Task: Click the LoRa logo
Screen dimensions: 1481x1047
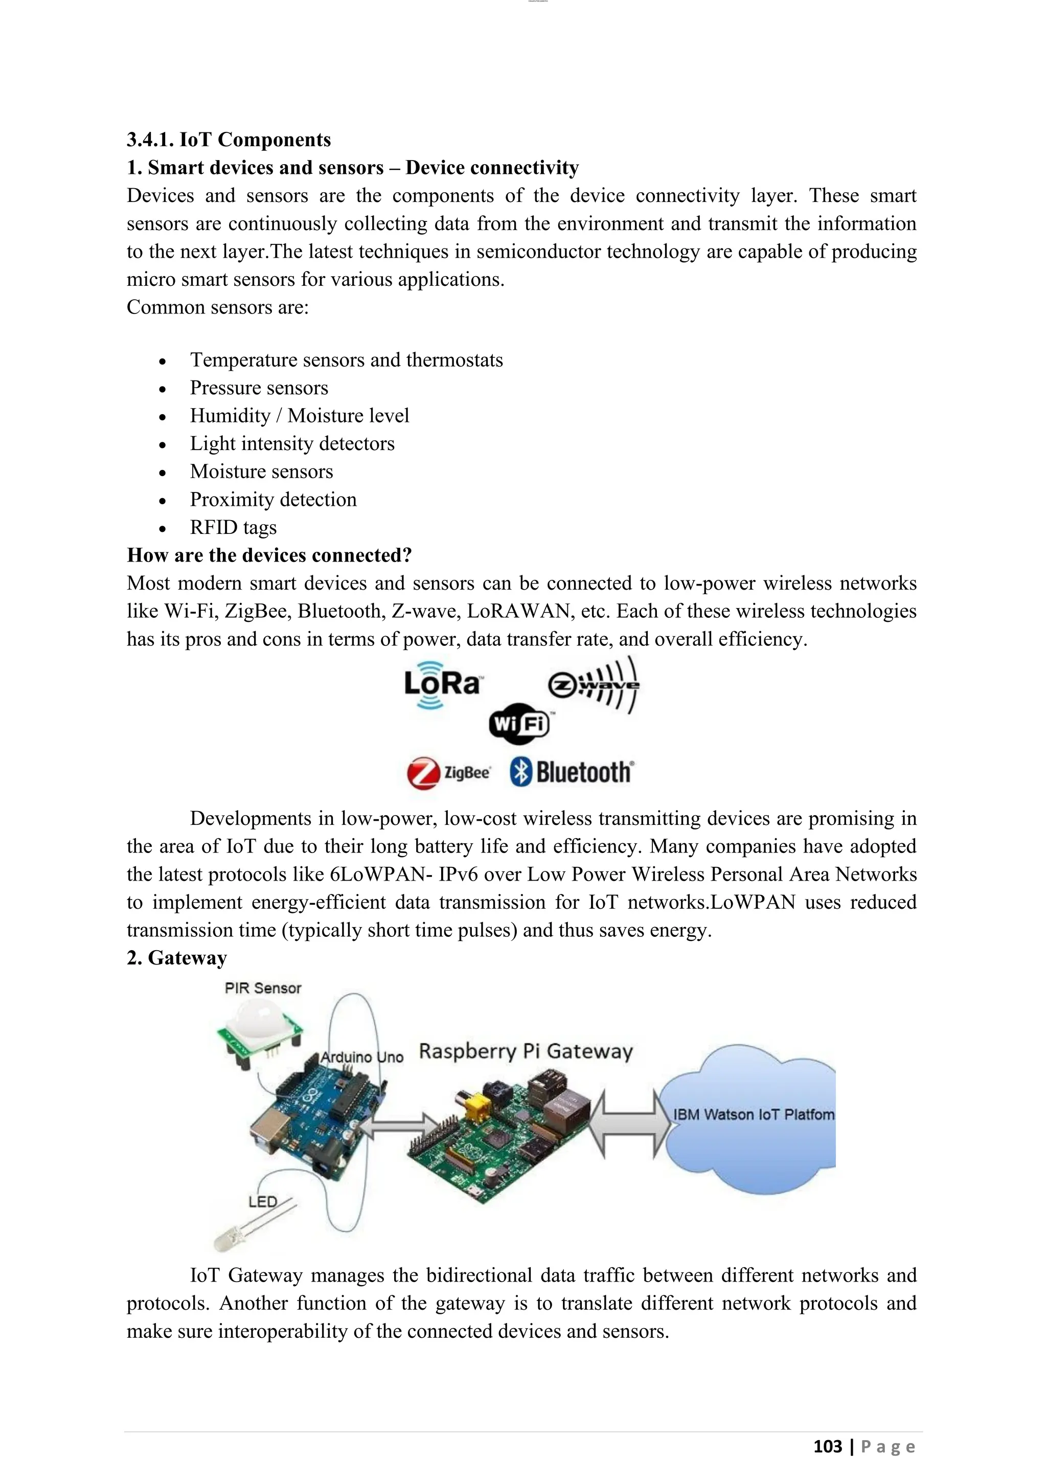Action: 443,684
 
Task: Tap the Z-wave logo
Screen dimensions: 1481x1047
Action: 594,686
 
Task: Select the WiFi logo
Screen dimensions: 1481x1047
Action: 519,724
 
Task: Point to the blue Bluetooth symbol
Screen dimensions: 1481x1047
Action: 521,772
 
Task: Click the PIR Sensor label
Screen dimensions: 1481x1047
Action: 262,988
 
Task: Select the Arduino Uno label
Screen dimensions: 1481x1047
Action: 361,1057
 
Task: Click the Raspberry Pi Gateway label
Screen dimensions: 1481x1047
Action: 526,1051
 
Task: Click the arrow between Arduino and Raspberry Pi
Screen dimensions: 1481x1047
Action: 400,1127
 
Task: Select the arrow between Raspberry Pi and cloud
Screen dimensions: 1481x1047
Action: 629,1124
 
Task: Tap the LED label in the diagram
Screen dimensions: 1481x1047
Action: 262,1202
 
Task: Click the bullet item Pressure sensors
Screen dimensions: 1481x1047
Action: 259,388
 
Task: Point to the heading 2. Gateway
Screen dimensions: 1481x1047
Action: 177,958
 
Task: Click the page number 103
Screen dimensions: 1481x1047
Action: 827,1447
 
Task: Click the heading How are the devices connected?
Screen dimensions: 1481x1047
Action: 269,555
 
